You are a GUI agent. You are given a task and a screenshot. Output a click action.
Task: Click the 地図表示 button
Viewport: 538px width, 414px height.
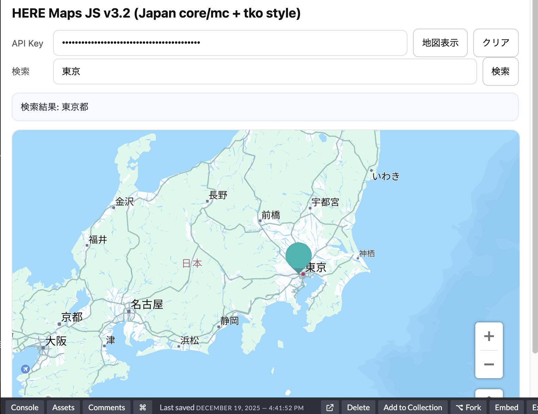pos(440,43)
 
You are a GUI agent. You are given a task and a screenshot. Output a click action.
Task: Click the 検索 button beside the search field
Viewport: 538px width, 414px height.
pos(500,71)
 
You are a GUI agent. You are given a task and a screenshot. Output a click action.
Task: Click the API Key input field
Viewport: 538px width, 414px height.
pos(230,43)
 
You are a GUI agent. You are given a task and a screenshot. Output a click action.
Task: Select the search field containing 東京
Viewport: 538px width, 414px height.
pos(265,71)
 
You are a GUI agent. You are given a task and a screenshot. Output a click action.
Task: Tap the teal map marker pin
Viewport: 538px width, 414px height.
pos(298,256)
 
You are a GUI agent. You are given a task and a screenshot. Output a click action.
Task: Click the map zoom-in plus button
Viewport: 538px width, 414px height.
pos(489,336)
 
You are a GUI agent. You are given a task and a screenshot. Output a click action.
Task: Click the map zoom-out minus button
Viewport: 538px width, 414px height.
pos(489,364)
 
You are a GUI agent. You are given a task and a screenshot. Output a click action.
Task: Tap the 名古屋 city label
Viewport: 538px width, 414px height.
pos(147,304)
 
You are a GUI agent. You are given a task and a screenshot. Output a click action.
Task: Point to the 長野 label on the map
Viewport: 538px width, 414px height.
pos(218,195)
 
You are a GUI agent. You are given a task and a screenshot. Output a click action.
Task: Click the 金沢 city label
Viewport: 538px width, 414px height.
pos(124,201)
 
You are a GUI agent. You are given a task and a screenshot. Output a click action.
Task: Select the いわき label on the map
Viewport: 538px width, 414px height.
pos(386,176)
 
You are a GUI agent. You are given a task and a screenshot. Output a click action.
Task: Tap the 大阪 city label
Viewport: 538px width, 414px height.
pos(56,341)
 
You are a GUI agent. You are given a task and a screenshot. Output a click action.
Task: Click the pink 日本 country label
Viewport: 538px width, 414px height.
pos(192,263)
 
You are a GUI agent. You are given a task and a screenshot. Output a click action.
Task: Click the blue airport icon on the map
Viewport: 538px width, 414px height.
pos(25,369)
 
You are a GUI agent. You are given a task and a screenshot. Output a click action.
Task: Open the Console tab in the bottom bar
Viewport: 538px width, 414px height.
pos(25,407)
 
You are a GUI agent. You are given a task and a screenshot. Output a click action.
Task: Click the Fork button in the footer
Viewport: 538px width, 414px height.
pos(468,407)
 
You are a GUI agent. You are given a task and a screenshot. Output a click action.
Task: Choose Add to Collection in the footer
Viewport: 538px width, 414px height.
pos(413,407)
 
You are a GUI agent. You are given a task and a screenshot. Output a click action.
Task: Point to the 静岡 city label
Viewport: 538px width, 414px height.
pos(229,321)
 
